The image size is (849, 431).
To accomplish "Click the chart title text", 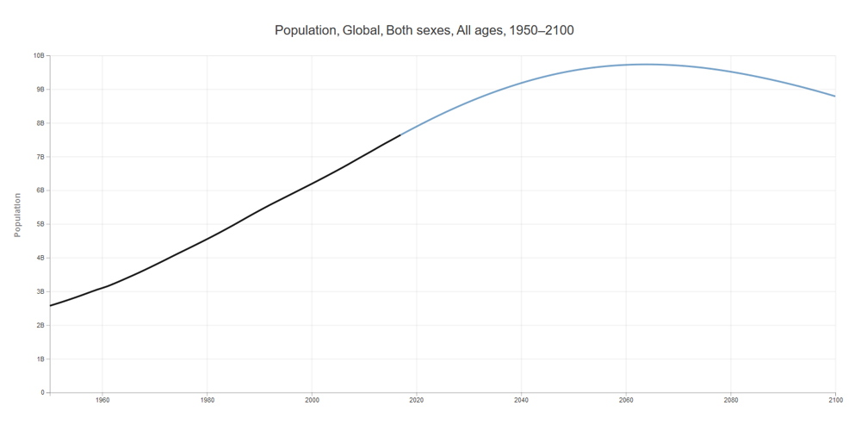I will [x=424, y=30].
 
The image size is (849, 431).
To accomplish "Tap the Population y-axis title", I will [x=17, y=215].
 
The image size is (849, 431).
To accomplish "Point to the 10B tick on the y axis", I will [x=39, y=56].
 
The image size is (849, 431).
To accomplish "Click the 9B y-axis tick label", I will [x=40, y=90].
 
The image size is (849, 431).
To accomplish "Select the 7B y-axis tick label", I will [x=40, y=157].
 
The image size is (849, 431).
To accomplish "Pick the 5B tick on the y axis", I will [x=40, y=224].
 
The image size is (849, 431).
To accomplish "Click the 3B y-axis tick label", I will [x=40, y=291].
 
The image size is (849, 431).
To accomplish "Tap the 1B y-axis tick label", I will [x=40, y=359].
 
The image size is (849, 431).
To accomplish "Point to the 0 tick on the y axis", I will [x=42, y=392].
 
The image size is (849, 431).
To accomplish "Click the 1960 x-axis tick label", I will [x=102, y=400].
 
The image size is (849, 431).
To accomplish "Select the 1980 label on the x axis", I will [x=207, y=400].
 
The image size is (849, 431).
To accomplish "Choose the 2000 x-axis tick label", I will [x=312, y=400].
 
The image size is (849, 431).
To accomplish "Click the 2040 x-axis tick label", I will [x=521, y=400].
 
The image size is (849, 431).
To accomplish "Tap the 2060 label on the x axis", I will [x=626, y=400].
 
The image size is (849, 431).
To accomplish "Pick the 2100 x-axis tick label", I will [x=834, y=400].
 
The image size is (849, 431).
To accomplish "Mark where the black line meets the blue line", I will [x=400, y=134].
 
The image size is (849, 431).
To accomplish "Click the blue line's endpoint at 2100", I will [x=834, y=96].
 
